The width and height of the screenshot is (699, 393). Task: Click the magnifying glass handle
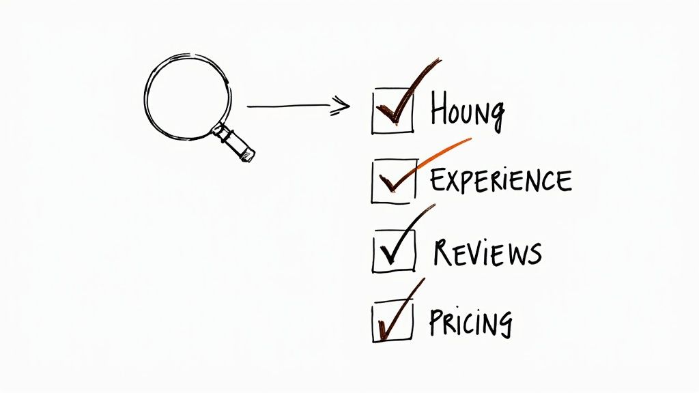click(x=236, y=141)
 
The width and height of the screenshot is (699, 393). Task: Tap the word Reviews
click(x=487, y=252)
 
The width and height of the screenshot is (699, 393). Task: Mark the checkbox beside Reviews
click(x=394, y=252)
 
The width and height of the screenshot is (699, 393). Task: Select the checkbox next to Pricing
click(x=393, y=321)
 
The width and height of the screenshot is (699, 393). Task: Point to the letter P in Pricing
click(x=437, y=321)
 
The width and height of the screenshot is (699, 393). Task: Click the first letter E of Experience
click(x=436, y=180)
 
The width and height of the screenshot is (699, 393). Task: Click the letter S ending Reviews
click(x=534, y=254)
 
